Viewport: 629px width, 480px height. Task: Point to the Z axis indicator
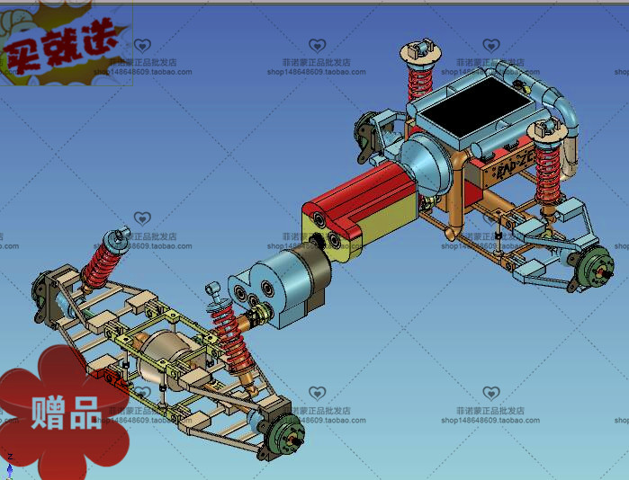(9, 462)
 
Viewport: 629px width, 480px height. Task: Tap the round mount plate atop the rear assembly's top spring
(418, 50)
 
